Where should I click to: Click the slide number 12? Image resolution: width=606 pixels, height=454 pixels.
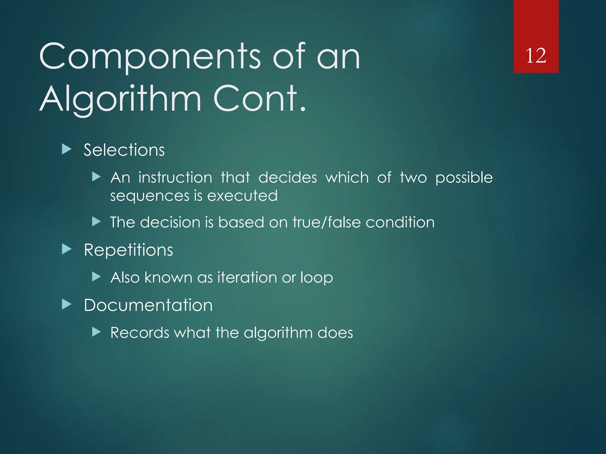click(x=536, y=56)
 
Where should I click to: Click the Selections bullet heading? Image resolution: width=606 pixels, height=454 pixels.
click(x=124, y=150)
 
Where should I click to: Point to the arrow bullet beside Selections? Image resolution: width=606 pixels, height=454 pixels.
click(x=67, y=149)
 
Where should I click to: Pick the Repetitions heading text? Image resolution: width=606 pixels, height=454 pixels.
click(x=128, y=250)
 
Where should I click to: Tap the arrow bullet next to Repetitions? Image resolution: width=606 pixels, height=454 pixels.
click(x=67, y=249)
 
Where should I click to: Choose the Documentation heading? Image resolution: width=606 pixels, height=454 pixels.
click(x=148, y=305)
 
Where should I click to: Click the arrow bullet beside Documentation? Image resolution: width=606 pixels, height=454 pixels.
click(x=67, y=304)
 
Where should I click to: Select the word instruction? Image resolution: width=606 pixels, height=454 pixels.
click(x=175, y=178)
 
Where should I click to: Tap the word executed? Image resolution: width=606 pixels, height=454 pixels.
click(x=242, y=196)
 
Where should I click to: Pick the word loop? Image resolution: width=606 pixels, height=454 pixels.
click(x=316, y=278)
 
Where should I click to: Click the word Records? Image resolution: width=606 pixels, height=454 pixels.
click(x=139, y=333)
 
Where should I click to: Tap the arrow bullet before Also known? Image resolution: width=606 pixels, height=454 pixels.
click(x=96, y=277)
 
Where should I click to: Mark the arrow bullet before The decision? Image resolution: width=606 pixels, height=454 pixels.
click(x=96, y=221)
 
